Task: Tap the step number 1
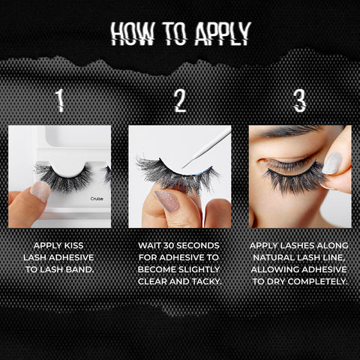59,100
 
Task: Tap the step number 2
180,100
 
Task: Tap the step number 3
299,100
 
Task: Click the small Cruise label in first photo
97,199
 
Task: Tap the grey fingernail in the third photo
332,163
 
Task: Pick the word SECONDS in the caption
202,245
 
